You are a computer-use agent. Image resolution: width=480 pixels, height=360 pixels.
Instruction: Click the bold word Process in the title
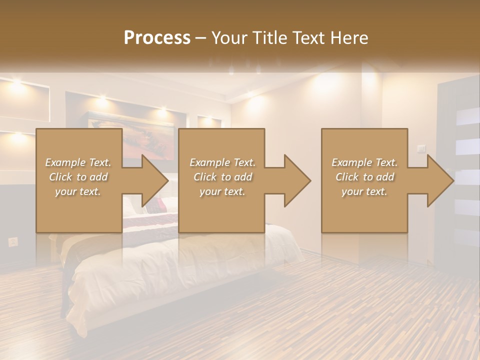(x=157, y=38)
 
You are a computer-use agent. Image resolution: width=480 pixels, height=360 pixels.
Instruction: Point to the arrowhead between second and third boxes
(x=297, y=180)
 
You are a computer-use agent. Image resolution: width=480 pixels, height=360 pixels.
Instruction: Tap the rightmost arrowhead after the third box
(x=440, y=180)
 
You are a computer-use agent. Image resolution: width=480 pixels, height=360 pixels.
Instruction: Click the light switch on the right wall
(x=421, y=148)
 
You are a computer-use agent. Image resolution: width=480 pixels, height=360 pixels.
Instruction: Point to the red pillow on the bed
(x=161, y=203)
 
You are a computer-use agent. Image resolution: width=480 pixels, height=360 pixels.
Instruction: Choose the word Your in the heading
(x=227, y=38)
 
